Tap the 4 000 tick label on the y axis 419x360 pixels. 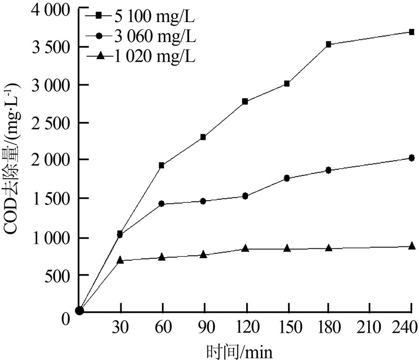[x=51, y=10]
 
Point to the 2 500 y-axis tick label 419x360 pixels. [x=51, y=123]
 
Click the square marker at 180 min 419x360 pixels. [x=328, y=45]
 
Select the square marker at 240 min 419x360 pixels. [x=411, y=32]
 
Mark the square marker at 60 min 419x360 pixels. [x=162, y=165]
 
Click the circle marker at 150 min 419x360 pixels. [x=287, y=178]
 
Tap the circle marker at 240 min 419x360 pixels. [x=411, y=158]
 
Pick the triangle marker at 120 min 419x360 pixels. [x=245, y=248]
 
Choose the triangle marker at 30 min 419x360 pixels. [x=121, y=259]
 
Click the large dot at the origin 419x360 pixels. [x=80, y=311]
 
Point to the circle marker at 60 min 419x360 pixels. [x=162, y=203]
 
